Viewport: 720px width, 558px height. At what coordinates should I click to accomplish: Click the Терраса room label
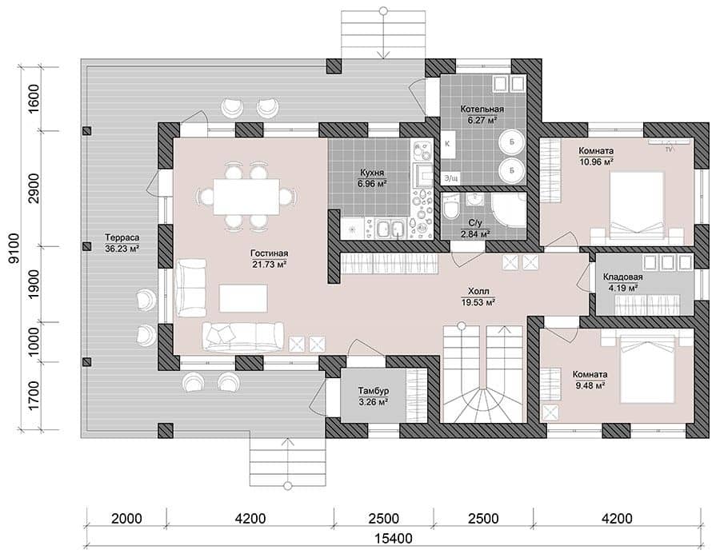point(122,243)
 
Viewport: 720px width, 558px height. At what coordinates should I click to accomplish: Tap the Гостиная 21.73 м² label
point(270,259)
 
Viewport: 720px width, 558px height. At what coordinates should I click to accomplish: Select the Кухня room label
point(372,178)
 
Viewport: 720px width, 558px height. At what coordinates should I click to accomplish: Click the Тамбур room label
point(374,397)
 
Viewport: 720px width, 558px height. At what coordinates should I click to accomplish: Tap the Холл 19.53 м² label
point(478,297)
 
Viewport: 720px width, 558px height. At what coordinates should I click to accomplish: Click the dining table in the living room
point(246,197)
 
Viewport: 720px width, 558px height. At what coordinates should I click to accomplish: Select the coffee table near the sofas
point(243,298)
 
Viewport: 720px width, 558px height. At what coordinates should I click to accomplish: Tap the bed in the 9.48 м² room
point(647,369)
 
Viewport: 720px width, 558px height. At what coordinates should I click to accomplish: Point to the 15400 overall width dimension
point(393,538)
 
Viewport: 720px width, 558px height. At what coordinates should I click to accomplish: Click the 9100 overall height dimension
point(14,249)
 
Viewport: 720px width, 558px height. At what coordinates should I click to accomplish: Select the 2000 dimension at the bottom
point(126,519)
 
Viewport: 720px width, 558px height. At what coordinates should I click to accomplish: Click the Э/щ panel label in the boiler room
point(451,177)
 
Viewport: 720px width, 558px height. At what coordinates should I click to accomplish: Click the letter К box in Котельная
point(447,144)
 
